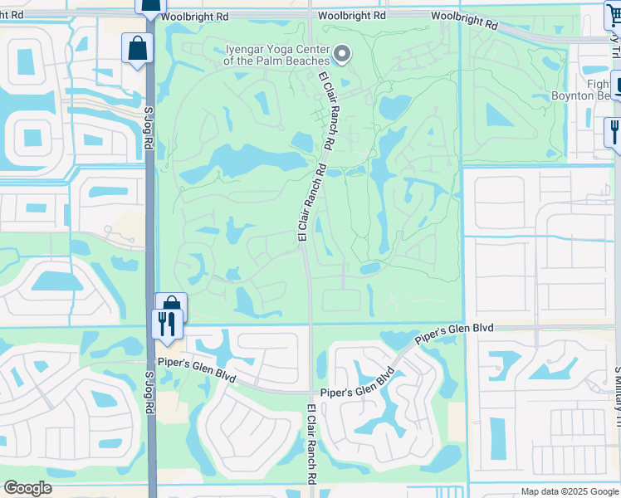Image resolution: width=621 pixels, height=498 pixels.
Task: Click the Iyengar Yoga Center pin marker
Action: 342,55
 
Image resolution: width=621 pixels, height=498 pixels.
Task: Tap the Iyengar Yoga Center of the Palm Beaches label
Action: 277,54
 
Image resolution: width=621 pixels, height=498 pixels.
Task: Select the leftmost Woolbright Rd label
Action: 194,16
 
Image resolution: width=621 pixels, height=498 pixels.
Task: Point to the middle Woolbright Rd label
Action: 355,16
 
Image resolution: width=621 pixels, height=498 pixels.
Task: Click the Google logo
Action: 27,488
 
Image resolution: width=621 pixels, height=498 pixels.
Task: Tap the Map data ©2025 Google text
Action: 569,491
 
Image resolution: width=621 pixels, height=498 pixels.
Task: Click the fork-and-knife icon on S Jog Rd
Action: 168,324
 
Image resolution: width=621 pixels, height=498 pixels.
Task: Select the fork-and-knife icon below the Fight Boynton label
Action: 614,131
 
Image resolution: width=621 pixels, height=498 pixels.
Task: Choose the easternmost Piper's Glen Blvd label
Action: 454,333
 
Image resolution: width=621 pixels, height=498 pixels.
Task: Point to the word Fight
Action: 598,84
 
